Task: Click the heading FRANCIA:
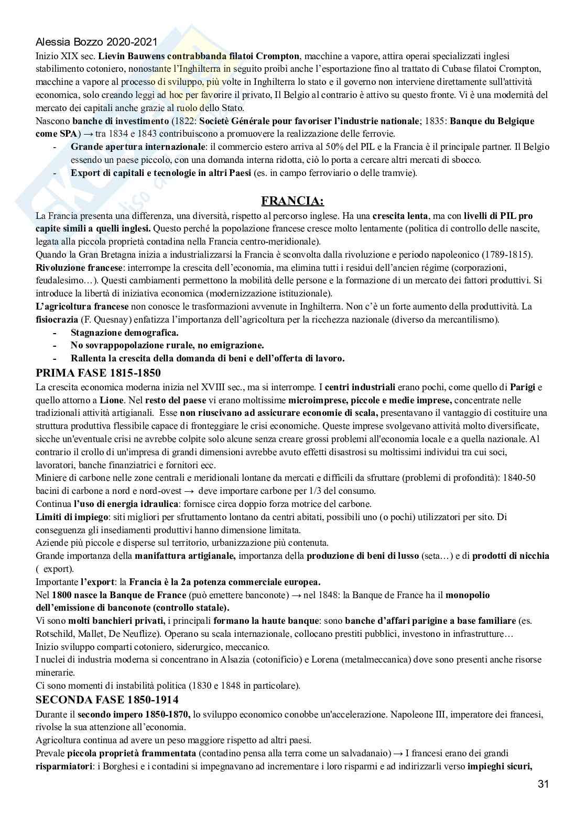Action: tap(292, 201)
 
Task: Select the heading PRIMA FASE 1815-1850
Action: tap(98, 373)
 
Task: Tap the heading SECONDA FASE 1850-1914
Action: tap(106, 700)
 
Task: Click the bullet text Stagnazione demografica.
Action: tap(124, 332)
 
